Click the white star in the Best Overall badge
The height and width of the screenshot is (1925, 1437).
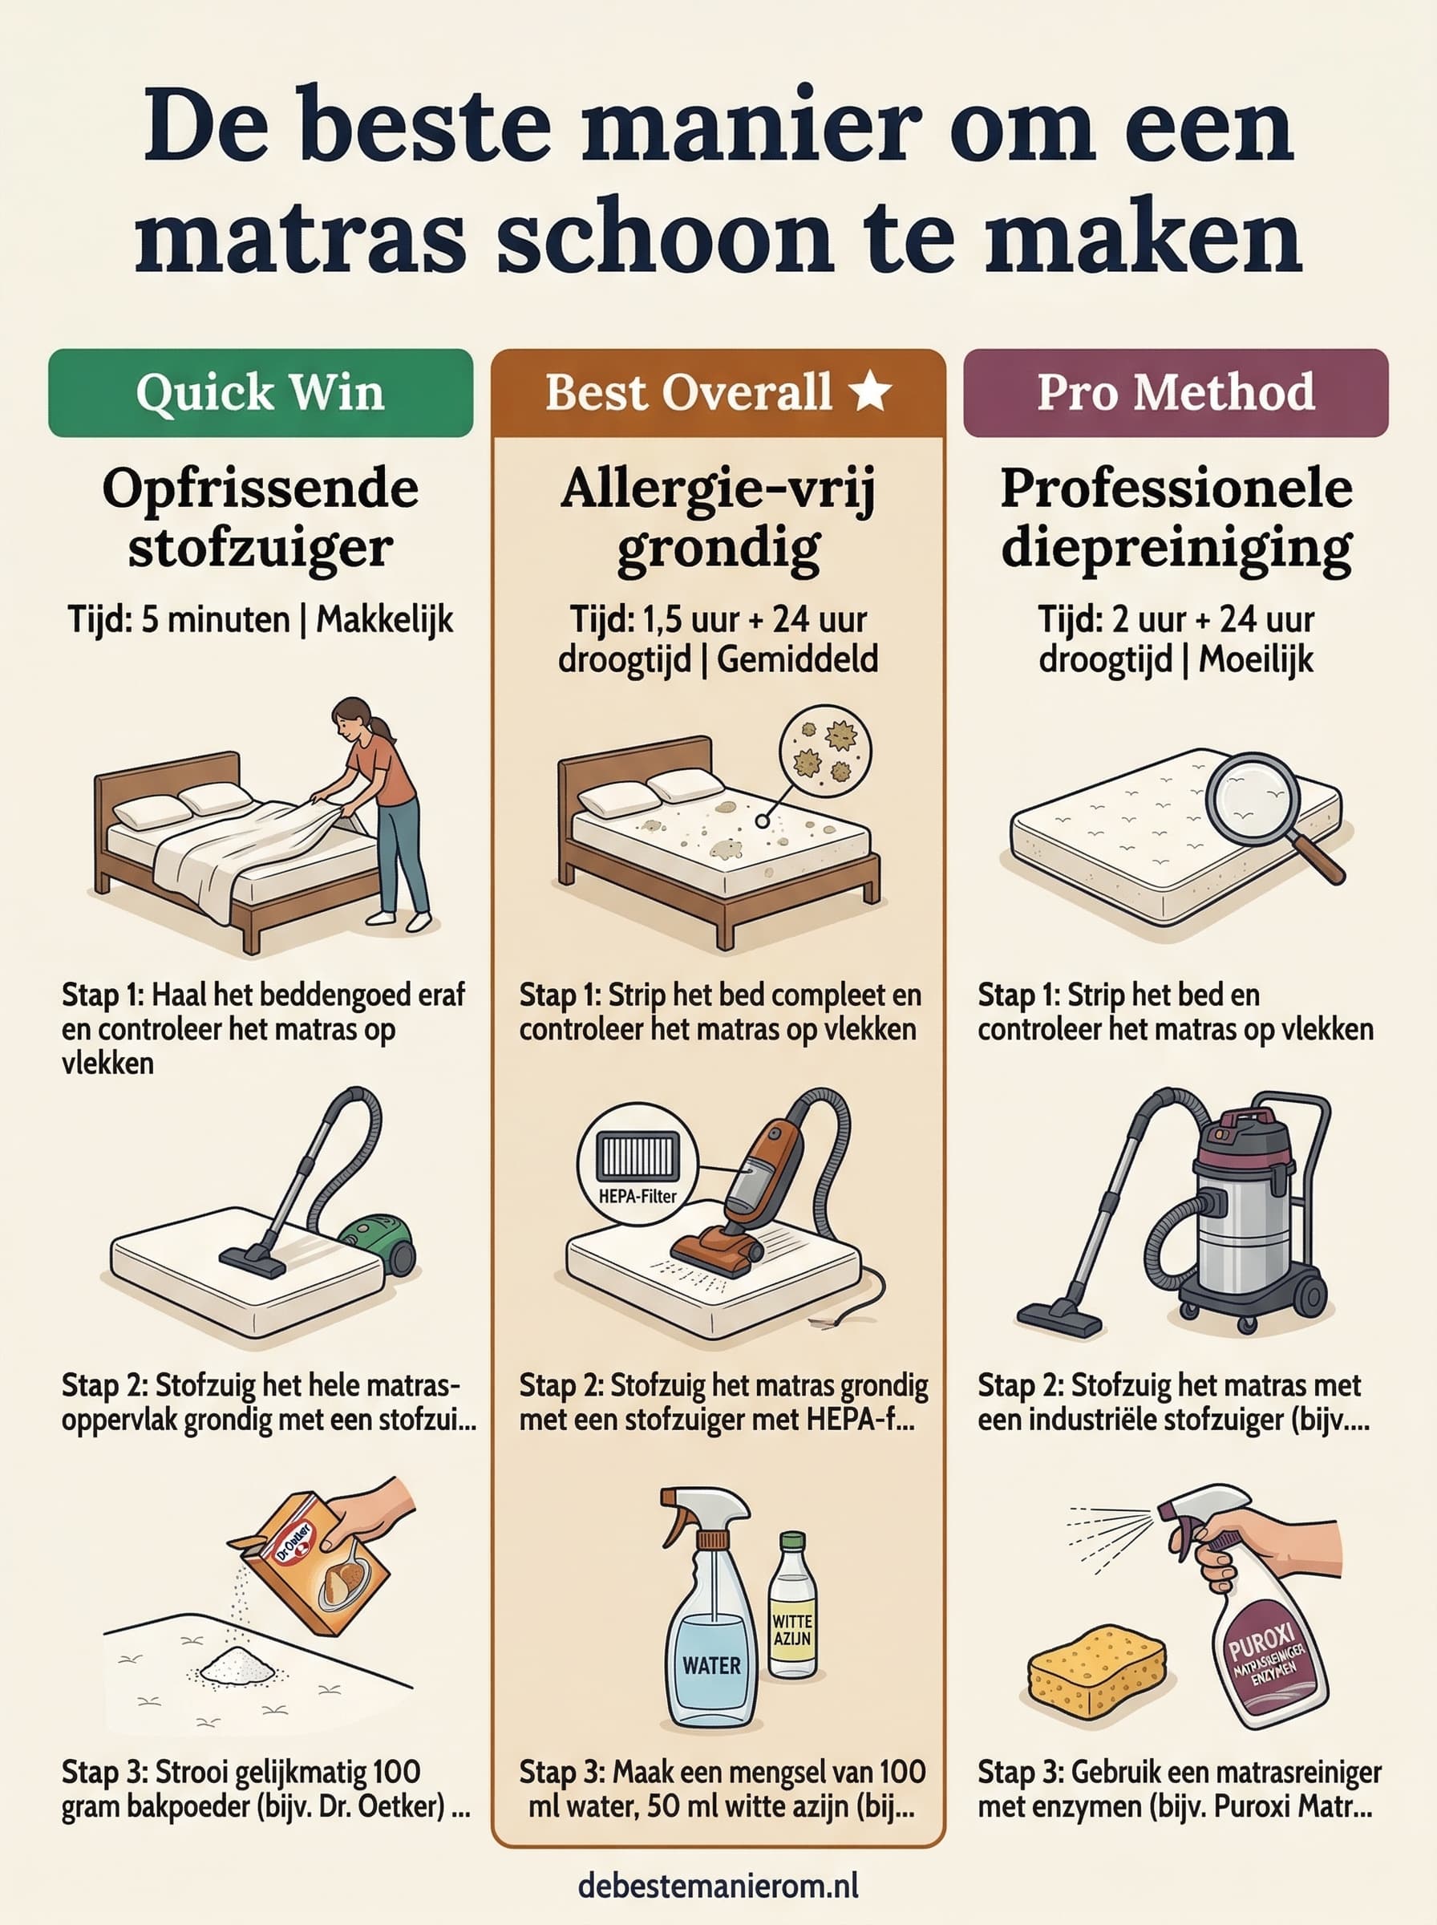tap(869, 391)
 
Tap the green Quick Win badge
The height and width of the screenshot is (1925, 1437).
tap(260, 392)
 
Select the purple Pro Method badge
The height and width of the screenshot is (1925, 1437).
tap(1175, 392)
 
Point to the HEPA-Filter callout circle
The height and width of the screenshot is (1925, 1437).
tap(638, 1164)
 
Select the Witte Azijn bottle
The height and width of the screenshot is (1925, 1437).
tap(791, 1609)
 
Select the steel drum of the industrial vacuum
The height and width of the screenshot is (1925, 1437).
tap(1244, 1226)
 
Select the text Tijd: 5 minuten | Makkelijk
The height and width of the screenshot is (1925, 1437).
tap(260, 620)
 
